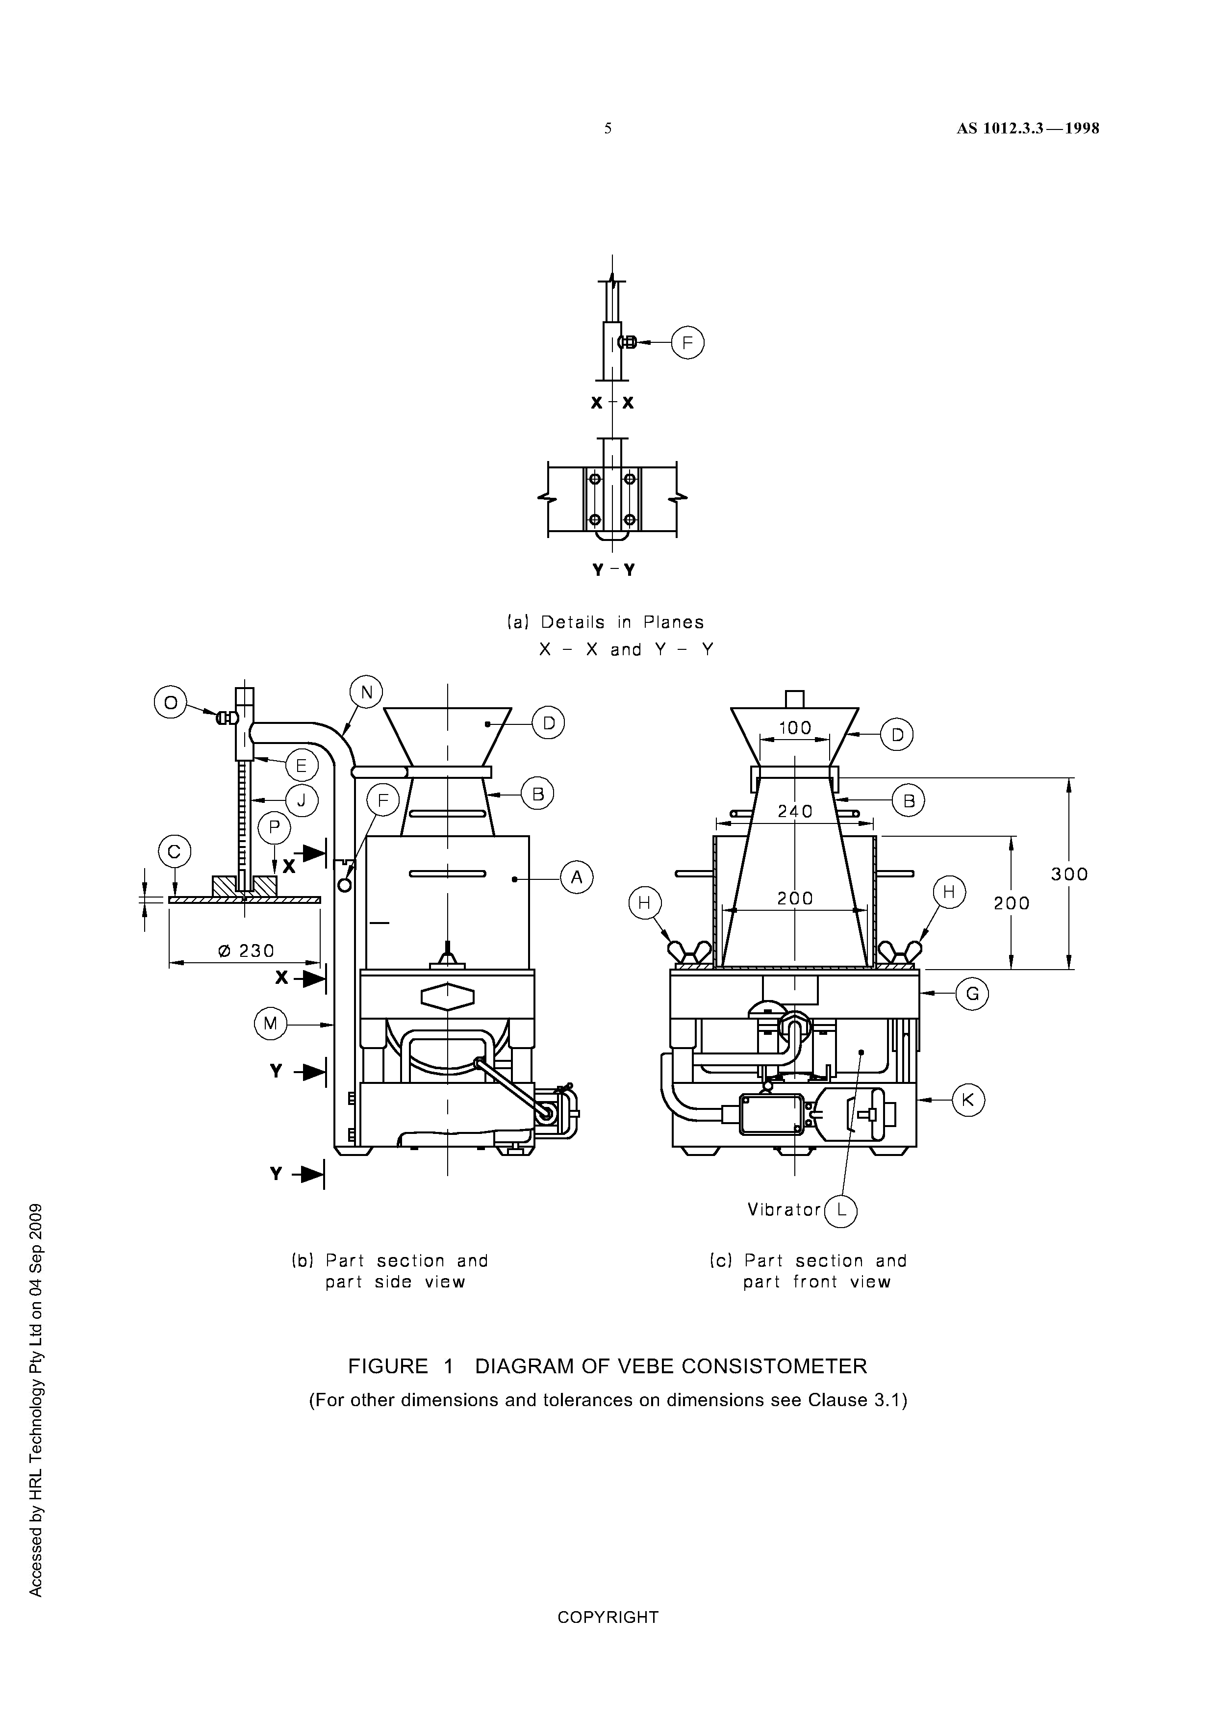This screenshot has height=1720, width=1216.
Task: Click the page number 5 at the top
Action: click(x=608, y=128)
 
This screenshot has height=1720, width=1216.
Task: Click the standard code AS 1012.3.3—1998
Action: click(x=1027, y=128)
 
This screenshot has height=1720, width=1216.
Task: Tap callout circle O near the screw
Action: click(x=170, y=703)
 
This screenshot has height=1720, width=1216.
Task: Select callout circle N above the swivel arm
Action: click(x=366, y=692)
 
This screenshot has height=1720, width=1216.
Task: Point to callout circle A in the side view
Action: click(x=577, y=877)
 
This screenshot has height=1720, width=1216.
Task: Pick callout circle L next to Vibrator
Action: click(x=841, y=1211)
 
